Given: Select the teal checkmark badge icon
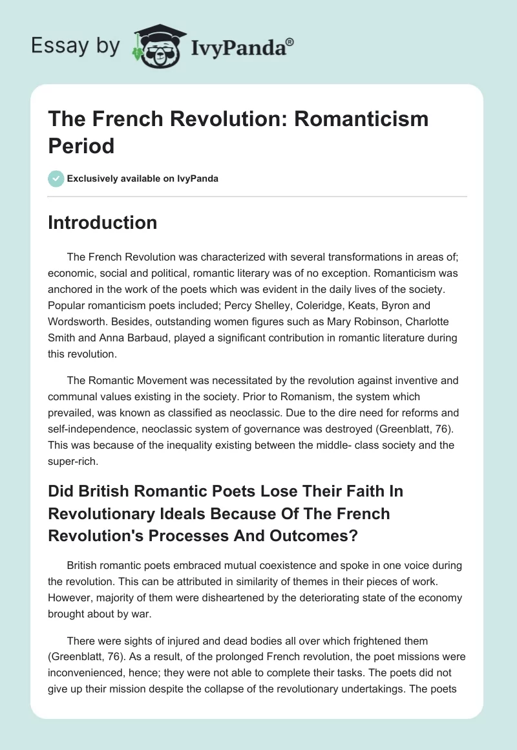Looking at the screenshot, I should tap(56, 178).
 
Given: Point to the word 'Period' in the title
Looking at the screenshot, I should tap(81, 145).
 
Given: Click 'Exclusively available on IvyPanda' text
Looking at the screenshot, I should tap(142, 178).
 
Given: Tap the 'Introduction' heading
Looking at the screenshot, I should tap(102, 222).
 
